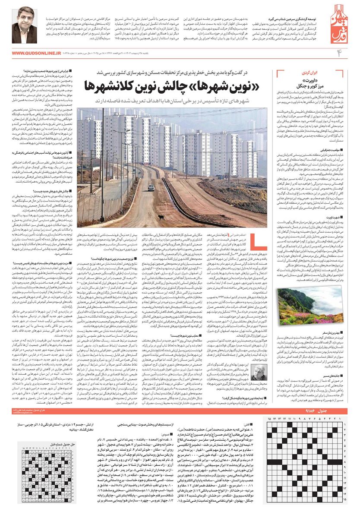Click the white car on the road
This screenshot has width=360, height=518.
coord(151,187)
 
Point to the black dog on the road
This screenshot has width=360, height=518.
coord(160,217)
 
